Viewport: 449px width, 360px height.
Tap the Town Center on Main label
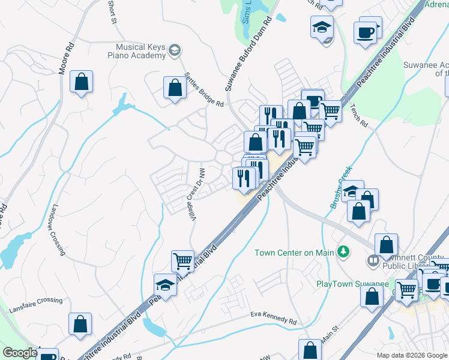pyautogui.click(x=294, y=253)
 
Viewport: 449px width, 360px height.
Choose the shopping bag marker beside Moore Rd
pyautogui.click(x=81, y=82)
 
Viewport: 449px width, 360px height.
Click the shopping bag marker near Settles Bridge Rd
pyautogui.click(x=174, y=88)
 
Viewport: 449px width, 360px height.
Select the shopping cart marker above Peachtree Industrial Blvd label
pyautogui.click(x=182, y=261)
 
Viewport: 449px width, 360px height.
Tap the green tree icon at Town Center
pyautogui.click(x=343, y=251)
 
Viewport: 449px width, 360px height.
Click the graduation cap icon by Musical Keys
pyautogui.click(x=175, y=49)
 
